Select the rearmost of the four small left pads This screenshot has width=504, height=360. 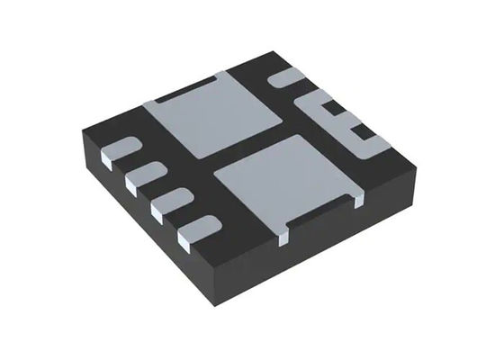[120, 150]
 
